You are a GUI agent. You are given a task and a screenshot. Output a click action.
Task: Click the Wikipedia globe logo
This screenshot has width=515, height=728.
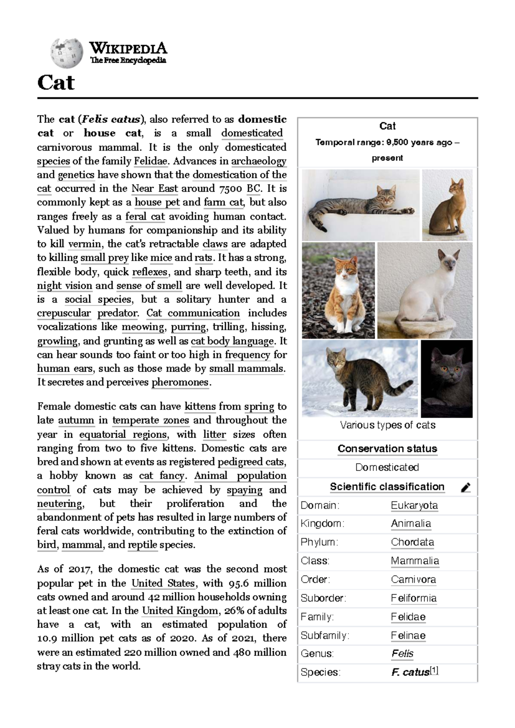tap(67, 53)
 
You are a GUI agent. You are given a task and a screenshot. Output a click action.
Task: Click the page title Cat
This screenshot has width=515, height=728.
tap(56, 82)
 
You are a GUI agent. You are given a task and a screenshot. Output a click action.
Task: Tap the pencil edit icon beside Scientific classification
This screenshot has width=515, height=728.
tap(466, 488)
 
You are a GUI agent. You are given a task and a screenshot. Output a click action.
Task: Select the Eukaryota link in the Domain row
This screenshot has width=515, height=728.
tap(414, 505)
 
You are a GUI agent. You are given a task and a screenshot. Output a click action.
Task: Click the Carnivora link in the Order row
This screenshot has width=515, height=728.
tap(413, 579)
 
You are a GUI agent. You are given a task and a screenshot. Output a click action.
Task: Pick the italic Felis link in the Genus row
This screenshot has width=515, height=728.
tap(402, 654)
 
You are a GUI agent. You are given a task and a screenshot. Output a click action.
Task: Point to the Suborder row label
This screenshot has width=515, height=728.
tap(323, 598)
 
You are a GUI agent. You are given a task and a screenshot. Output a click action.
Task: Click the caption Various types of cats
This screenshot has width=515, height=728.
tap(388, 425)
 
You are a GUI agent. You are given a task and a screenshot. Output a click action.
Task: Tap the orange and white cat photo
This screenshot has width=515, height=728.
tap(338, 291)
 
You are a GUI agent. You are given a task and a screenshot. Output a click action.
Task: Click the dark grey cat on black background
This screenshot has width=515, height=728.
tap(447, 379)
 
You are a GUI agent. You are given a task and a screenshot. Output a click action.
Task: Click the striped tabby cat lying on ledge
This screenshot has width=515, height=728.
tap(360, 205)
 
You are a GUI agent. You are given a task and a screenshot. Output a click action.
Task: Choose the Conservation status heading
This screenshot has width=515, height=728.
tap(387, 449)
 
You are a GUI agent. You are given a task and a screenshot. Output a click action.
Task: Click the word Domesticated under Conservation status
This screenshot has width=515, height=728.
tap(387, 467)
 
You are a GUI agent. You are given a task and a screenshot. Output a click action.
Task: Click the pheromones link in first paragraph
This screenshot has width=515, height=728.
tap(180, 382)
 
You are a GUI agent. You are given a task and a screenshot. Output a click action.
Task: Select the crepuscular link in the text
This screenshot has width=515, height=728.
tap(64, 313)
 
